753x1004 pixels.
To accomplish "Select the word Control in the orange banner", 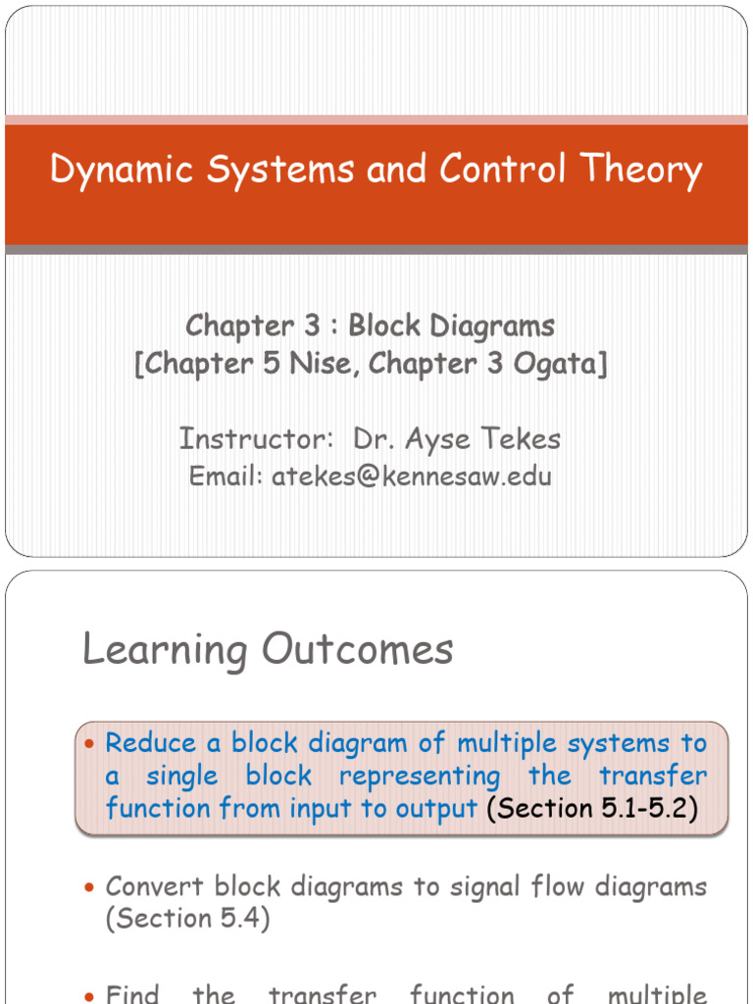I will pos(501,169).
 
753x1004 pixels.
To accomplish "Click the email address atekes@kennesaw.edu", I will pos(412,477).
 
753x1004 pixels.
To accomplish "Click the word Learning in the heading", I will pos(166,649).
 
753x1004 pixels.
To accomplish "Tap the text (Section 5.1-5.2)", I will pos(592,809).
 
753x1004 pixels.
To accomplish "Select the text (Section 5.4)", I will pos(186,918).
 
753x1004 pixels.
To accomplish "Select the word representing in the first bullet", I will pos(420,777).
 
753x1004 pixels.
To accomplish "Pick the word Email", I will pos(225,477).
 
